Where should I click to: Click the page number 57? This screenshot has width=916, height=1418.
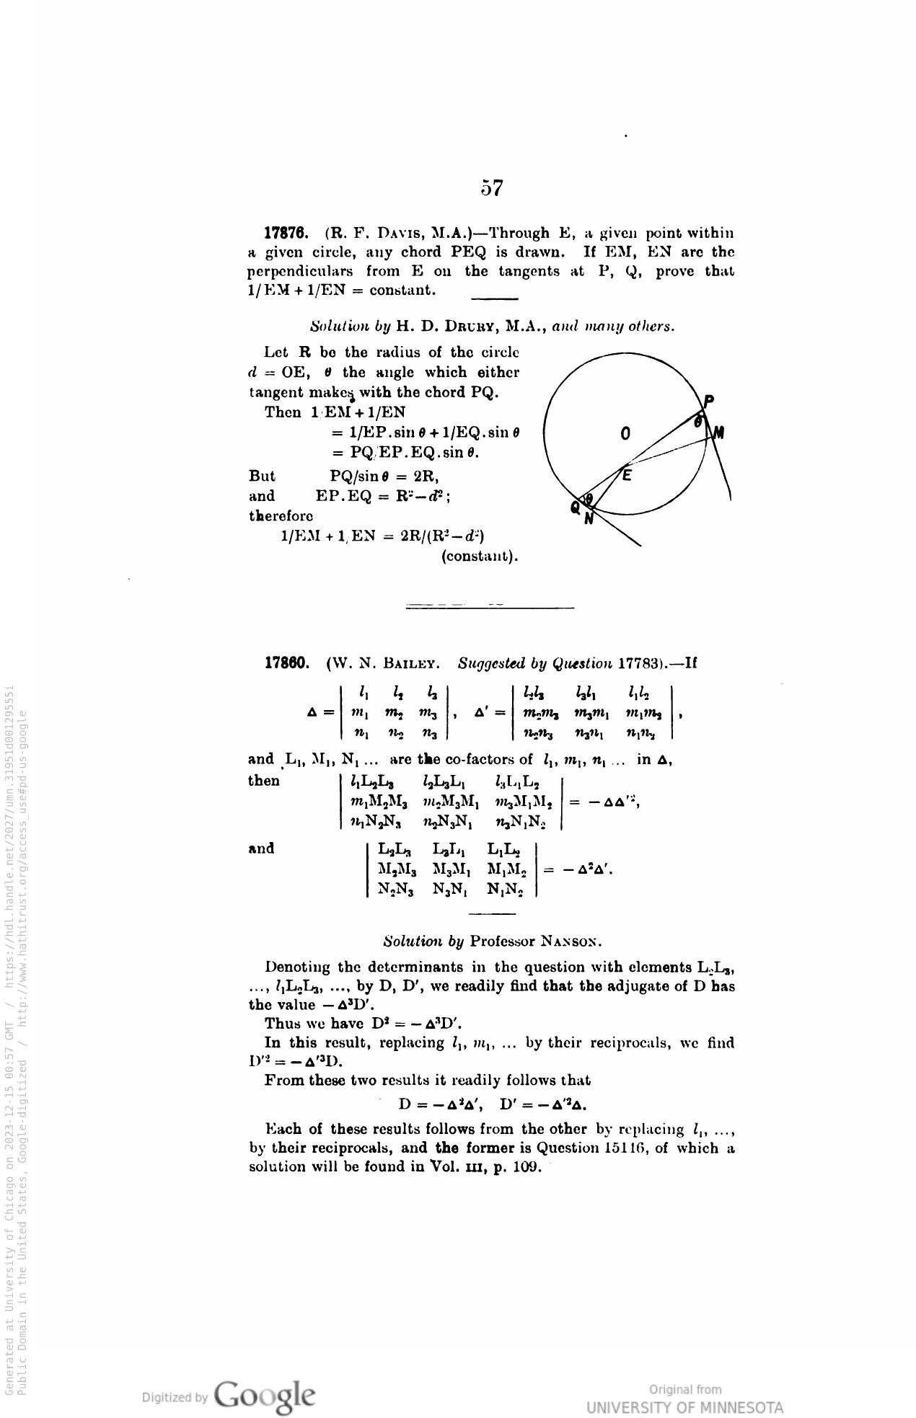[x=492, y=188]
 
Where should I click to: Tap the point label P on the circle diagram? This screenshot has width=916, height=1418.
[x=709, y=401]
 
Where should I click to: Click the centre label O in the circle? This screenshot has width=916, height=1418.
[x=625, y=433]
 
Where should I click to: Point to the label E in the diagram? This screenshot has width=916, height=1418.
[x=627, y=475]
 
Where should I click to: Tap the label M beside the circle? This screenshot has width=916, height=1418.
[x=719, y=433]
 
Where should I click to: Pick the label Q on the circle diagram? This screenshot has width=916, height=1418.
[x=575, y=508]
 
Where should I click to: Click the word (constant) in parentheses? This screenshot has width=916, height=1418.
[x=480, y=557]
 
